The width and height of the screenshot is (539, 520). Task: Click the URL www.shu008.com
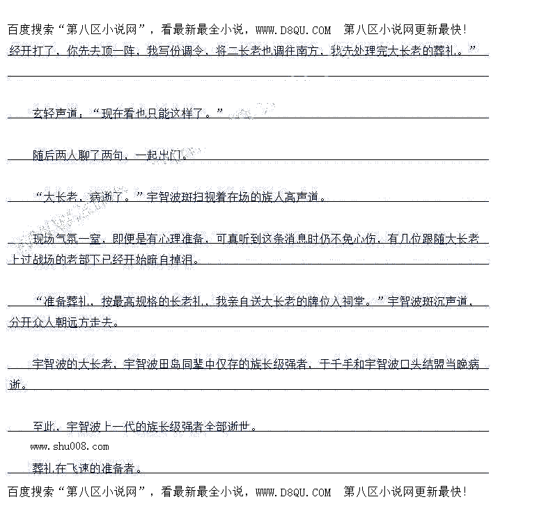(69, 446)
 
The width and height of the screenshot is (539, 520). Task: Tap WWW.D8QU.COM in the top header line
(293, 29)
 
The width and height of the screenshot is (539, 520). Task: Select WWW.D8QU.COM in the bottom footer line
(293, 492)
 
